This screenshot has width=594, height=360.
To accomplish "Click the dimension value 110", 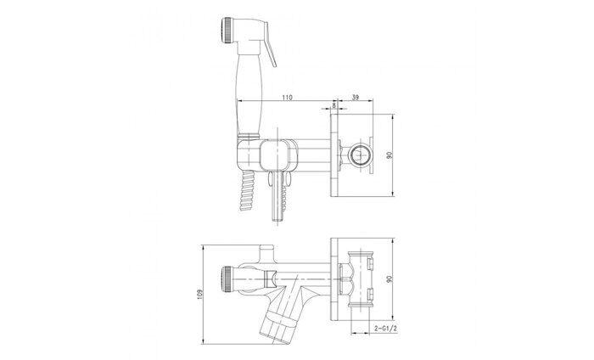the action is pyautogui.click(x=288, y=98).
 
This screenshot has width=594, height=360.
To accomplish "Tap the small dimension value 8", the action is pyautogui.click(x=333, y=105).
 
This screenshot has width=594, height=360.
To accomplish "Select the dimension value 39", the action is pyautogui.click(x=356, y=98).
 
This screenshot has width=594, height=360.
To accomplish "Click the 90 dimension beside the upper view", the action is pyautogui.click(x=389, y=155).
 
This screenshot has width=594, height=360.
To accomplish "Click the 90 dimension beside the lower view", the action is pyautogui.click(x=389, y=278).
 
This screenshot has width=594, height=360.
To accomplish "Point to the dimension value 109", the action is pyautogui.click(x=200, y=295).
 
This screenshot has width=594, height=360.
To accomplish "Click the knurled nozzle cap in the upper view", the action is pyautogui.click(x=226, y=29).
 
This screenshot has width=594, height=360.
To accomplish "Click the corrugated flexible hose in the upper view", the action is pyautogui.click(x=245, y=191).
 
